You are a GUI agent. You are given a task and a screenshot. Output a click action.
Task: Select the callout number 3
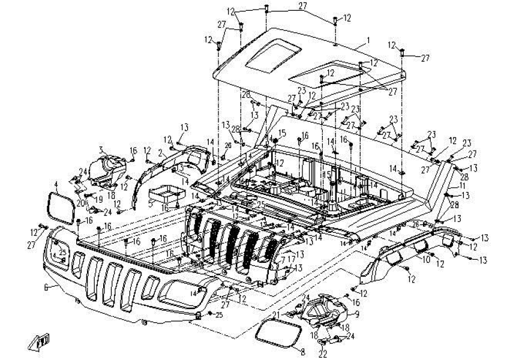point(101,149)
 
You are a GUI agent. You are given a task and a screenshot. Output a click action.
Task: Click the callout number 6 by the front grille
point(46,288)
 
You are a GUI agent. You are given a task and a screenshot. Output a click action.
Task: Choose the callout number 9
point(357,313)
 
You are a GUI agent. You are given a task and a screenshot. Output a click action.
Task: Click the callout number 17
point(290,259)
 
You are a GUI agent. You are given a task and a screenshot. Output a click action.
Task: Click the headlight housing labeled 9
point(328,311)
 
